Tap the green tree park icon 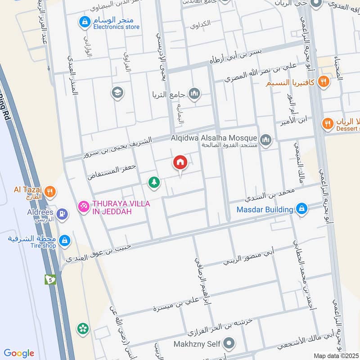click(x=154, y=182)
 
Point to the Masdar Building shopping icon click(x=301, y=209)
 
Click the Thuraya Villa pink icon click(x=83, y=207)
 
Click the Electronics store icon click(x=84, y=21)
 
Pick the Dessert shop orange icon click(x=328, y=123)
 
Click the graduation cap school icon click(x=117, y=93)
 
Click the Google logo click(x=19, y=353)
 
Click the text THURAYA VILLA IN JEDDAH click(x=121, y=207)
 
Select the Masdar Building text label click(x=265, y=209)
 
